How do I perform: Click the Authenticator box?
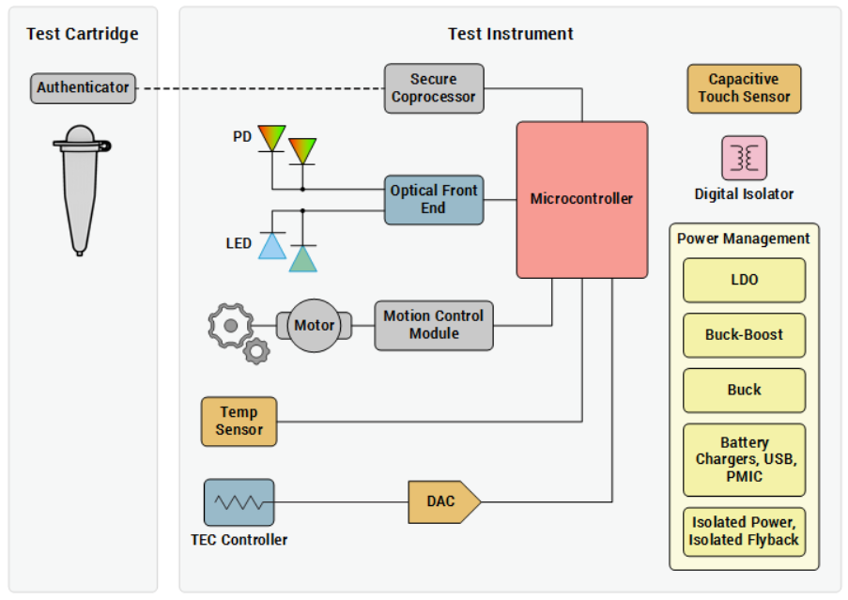[83, 88]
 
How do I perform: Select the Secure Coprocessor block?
[434, 88]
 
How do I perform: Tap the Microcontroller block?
[581, 199]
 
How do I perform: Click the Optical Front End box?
[434, 199]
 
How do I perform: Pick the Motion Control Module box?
[434, 325]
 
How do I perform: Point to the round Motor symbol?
[315, 326]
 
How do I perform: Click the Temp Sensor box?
[239, 421]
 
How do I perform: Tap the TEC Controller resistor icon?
[239, 502]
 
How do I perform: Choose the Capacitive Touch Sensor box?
[744, 88]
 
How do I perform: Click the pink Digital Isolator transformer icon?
[744, 158]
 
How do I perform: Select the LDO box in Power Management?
[744, 280]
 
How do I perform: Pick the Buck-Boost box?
[744, 334]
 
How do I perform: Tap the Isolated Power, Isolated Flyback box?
[744, 531]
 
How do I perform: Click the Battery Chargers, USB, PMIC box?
[744, 459]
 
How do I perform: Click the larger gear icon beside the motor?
[227, 325]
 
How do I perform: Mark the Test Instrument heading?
[510, 34]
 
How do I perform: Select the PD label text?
[242, 137]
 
